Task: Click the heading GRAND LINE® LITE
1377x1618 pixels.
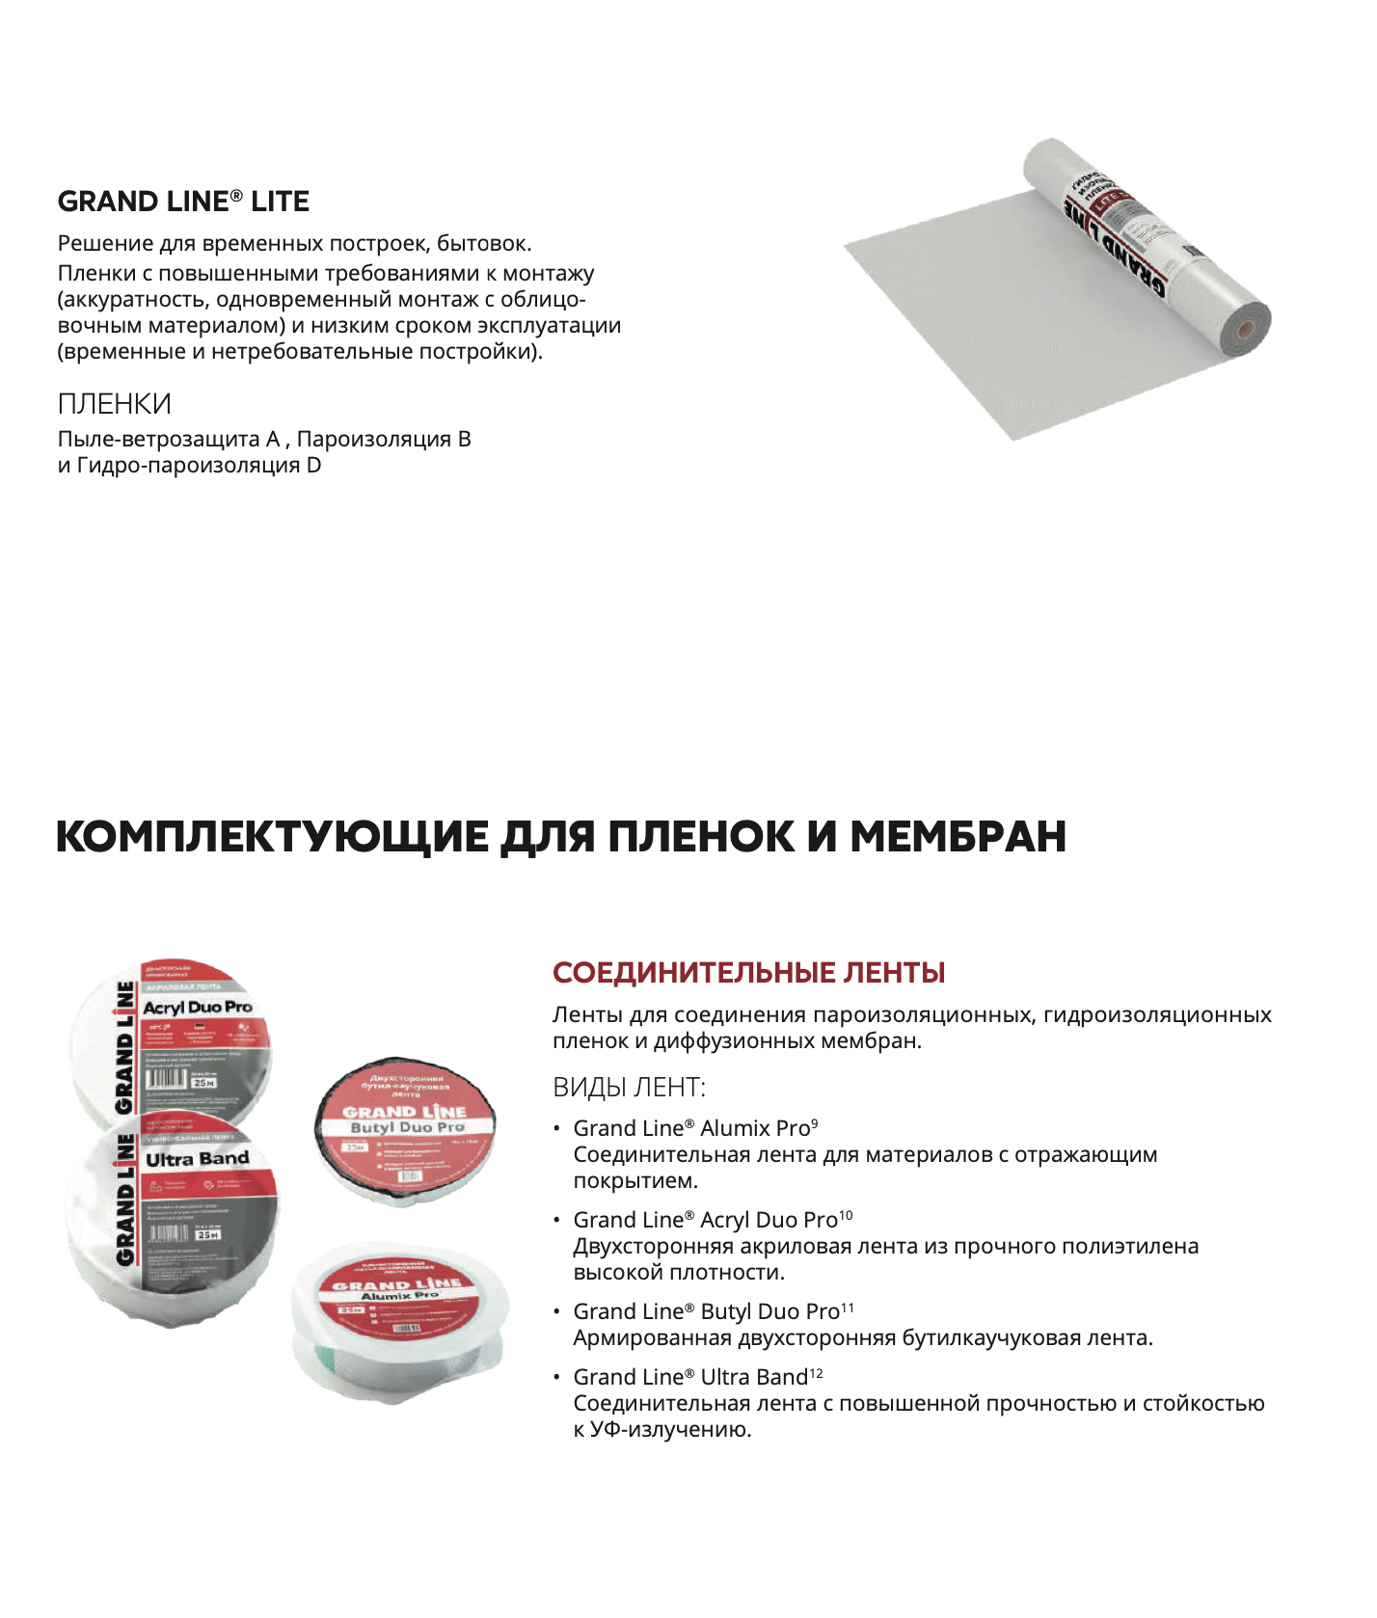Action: pyautogui.click(x=183, y=202)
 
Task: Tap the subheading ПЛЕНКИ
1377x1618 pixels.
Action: pyautogui.click(x=114, y=403)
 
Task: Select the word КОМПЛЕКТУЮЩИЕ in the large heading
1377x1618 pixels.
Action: pyautogui.click(x=272, y=836)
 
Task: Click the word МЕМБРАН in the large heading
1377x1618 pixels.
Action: pyautogui.click(x=958, y=836)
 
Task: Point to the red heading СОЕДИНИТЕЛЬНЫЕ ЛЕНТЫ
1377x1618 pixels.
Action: pyautogui.click(x=748, y=972)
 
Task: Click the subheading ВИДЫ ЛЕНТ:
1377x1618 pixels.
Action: pyautogui.click(x=629, y=1088)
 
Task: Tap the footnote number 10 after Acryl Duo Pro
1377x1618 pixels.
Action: pyautogui.click(x=846, y=1215)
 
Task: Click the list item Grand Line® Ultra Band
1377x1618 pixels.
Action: pyautogui.click(x=689, y=1377)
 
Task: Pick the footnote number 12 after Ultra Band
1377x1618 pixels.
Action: pyautogui.click(x=816, y=1372)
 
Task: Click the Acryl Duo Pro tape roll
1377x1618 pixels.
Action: pyautogui.click(x=174, y=1037)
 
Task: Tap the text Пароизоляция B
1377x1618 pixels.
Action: pyautogui.click(x=384, y=440)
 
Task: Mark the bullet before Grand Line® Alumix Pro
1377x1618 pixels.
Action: pyautogui.click(x=556, y=1128)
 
